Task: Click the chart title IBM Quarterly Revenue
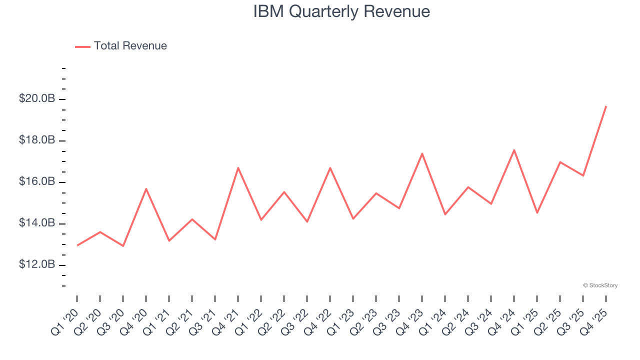pos(341,11)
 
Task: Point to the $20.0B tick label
pos(37,99)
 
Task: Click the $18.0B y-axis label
pos(37,140)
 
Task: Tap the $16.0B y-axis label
pos(37,181)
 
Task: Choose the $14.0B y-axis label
pos(37,223)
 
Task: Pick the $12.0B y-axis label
pos(37,264)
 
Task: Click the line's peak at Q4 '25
pos(606,106)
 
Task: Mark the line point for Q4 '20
pos(146,188)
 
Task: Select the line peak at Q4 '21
pos(238,167)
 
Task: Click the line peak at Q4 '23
pos(422,153)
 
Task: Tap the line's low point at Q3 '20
pos(123,246)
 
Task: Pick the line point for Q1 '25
pos(537,213)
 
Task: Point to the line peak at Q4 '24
pos(514,149)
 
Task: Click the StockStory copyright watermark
pos(600,285)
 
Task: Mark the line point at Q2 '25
pos(560,162)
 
